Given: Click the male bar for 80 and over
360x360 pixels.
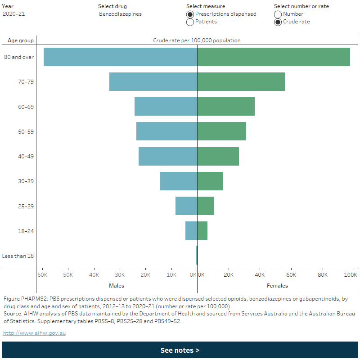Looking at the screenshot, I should coord(120,57).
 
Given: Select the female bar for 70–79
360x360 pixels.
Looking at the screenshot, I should coord(241,81).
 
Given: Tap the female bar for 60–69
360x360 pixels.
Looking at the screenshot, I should coord(226,106).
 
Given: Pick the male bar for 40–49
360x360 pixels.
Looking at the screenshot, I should coord(168,156).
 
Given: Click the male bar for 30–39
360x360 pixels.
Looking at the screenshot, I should coord(179,181).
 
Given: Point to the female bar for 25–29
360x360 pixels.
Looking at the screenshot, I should coord(206,206).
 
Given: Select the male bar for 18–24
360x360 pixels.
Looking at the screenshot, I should coord(191,230).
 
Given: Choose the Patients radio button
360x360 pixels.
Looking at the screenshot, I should coord(190,22).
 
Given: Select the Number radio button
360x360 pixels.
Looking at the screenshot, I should coord(278,14).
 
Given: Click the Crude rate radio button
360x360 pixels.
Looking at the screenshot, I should coord(278,22).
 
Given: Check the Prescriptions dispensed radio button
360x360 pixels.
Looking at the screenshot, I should coord(190,14).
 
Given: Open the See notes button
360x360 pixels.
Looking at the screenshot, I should coord(180,350).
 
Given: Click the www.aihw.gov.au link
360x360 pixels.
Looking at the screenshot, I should coord(34,333).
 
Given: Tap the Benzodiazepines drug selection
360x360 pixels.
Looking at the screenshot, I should coord(120,14).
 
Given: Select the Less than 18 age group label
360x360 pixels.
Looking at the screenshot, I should coord(18,256).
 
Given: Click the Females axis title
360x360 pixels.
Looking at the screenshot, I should coord(277,285).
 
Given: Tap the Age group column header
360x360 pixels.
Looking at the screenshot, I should coord(21,40).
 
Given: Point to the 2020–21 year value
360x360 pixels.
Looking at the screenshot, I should coord(14,14).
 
